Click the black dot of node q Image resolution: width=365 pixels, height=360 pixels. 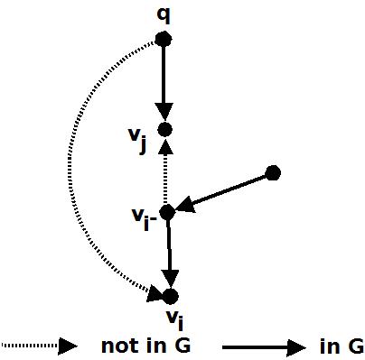tap(164, 38)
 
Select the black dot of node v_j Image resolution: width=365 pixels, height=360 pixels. tap(164, 130)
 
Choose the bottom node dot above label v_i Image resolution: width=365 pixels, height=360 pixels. tap(170, 296)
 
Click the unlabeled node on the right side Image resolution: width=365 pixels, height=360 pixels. tap(274, 172)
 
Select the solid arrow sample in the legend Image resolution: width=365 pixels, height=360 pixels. tap(261, 346)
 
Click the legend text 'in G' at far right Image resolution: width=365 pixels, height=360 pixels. tap(342, 346)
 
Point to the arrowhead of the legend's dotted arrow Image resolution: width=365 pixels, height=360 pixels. tap(68, 346)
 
